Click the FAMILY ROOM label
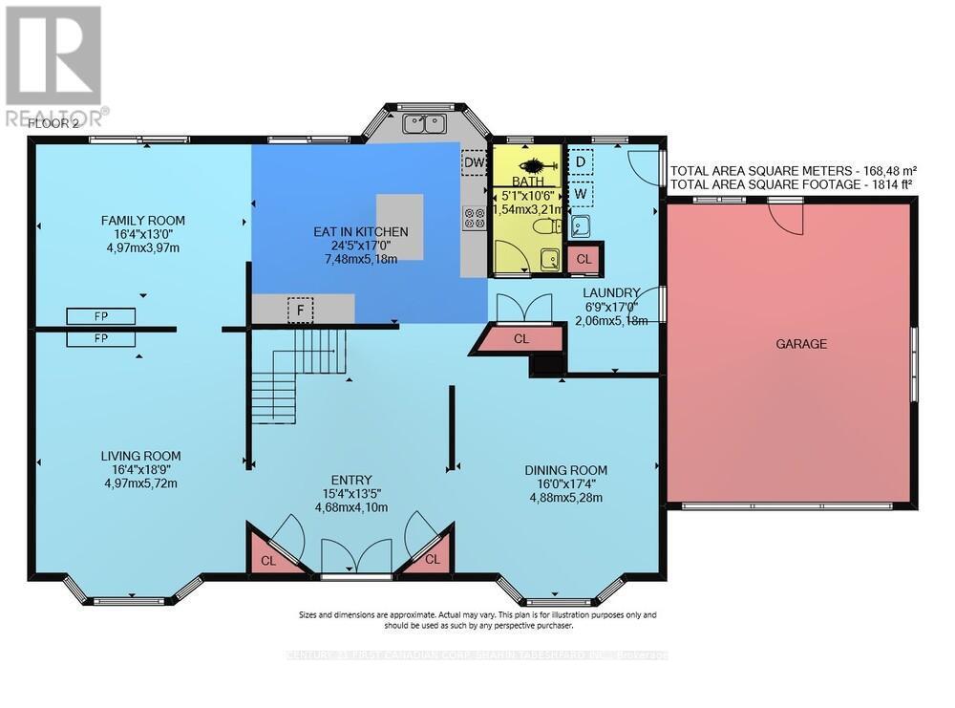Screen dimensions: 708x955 coord(143,221)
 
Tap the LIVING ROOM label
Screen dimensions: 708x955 coord(140,456)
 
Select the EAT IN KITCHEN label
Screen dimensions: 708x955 coord(361,231)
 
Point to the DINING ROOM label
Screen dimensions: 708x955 coord(565,469)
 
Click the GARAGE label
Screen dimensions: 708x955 coord(800,343)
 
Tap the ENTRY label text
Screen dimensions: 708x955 coord(352,480)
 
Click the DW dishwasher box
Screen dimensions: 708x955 coord(474,163)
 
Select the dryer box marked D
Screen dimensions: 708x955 coord(580,161)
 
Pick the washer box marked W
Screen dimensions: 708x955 coord(580,194)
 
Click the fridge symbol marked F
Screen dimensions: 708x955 coord(301,310)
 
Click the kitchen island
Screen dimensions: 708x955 coord(398,226)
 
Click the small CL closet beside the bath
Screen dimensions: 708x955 coord(584,258)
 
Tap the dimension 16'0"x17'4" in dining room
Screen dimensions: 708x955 coord(565,483)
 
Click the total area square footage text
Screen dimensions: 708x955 coord(792,183)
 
